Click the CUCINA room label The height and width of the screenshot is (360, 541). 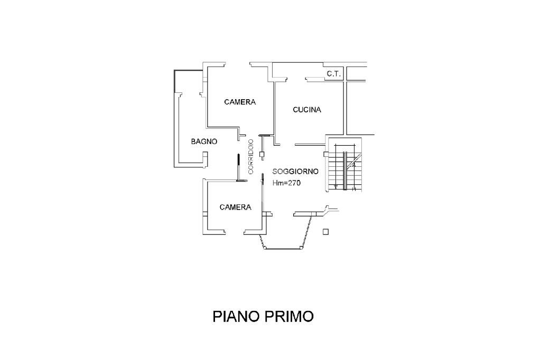point(307,110)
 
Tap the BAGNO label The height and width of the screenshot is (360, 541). point(204,141)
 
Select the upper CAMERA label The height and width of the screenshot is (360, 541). point(239,102)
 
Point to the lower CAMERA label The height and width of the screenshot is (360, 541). point(235,207)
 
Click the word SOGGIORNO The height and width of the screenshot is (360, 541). point(295,172)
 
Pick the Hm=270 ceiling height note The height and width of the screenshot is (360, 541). point(286,183)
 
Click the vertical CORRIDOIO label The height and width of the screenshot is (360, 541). point(251,156)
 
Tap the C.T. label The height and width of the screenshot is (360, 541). point(333,74)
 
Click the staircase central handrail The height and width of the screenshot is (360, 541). point(345,170)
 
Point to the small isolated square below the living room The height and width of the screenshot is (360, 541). point(325,231)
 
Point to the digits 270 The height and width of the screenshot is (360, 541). point(294,183)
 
